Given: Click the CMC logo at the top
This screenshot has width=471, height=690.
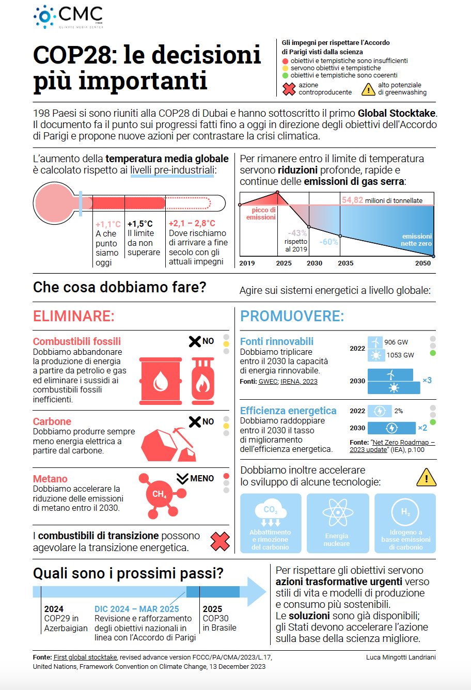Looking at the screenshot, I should (68, 17).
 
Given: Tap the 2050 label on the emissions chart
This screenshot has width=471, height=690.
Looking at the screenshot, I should (422, 263).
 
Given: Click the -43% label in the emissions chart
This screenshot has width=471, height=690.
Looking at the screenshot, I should (297, 233).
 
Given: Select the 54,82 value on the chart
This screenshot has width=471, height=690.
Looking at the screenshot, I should (352, 200).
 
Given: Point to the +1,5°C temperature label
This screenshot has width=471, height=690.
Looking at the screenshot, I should (140, 224).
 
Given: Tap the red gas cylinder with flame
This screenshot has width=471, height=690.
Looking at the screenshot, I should (203, 381).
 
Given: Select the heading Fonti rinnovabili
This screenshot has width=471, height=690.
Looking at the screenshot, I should (277, 341).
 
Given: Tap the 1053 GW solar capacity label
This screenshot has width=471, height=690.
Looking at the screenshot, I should (400, 355).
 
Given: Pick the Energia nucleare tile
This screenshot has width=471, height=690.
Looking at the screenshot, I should (337, 523).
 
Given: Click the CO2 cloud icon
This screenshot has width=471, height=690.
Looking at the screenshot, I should (271, 512).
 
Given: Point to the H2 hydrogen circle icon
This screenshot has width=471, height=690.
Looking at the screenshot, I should (405, 512).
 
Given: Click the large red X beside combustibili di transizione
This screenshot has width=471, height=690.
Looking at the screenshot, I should (220, 541).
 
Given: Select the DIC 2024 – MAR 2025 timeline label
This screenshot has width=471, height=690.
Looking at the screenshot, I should (136, 609).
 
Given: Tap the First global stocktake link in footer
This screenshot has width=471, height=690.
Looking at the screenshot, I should (85, 657).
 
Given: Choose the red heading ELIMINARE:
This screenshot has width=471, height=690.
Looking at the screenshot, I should (73, 316).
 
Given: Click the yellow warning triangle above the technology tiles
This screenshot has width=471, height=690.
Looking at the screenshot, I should (426, 478).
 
